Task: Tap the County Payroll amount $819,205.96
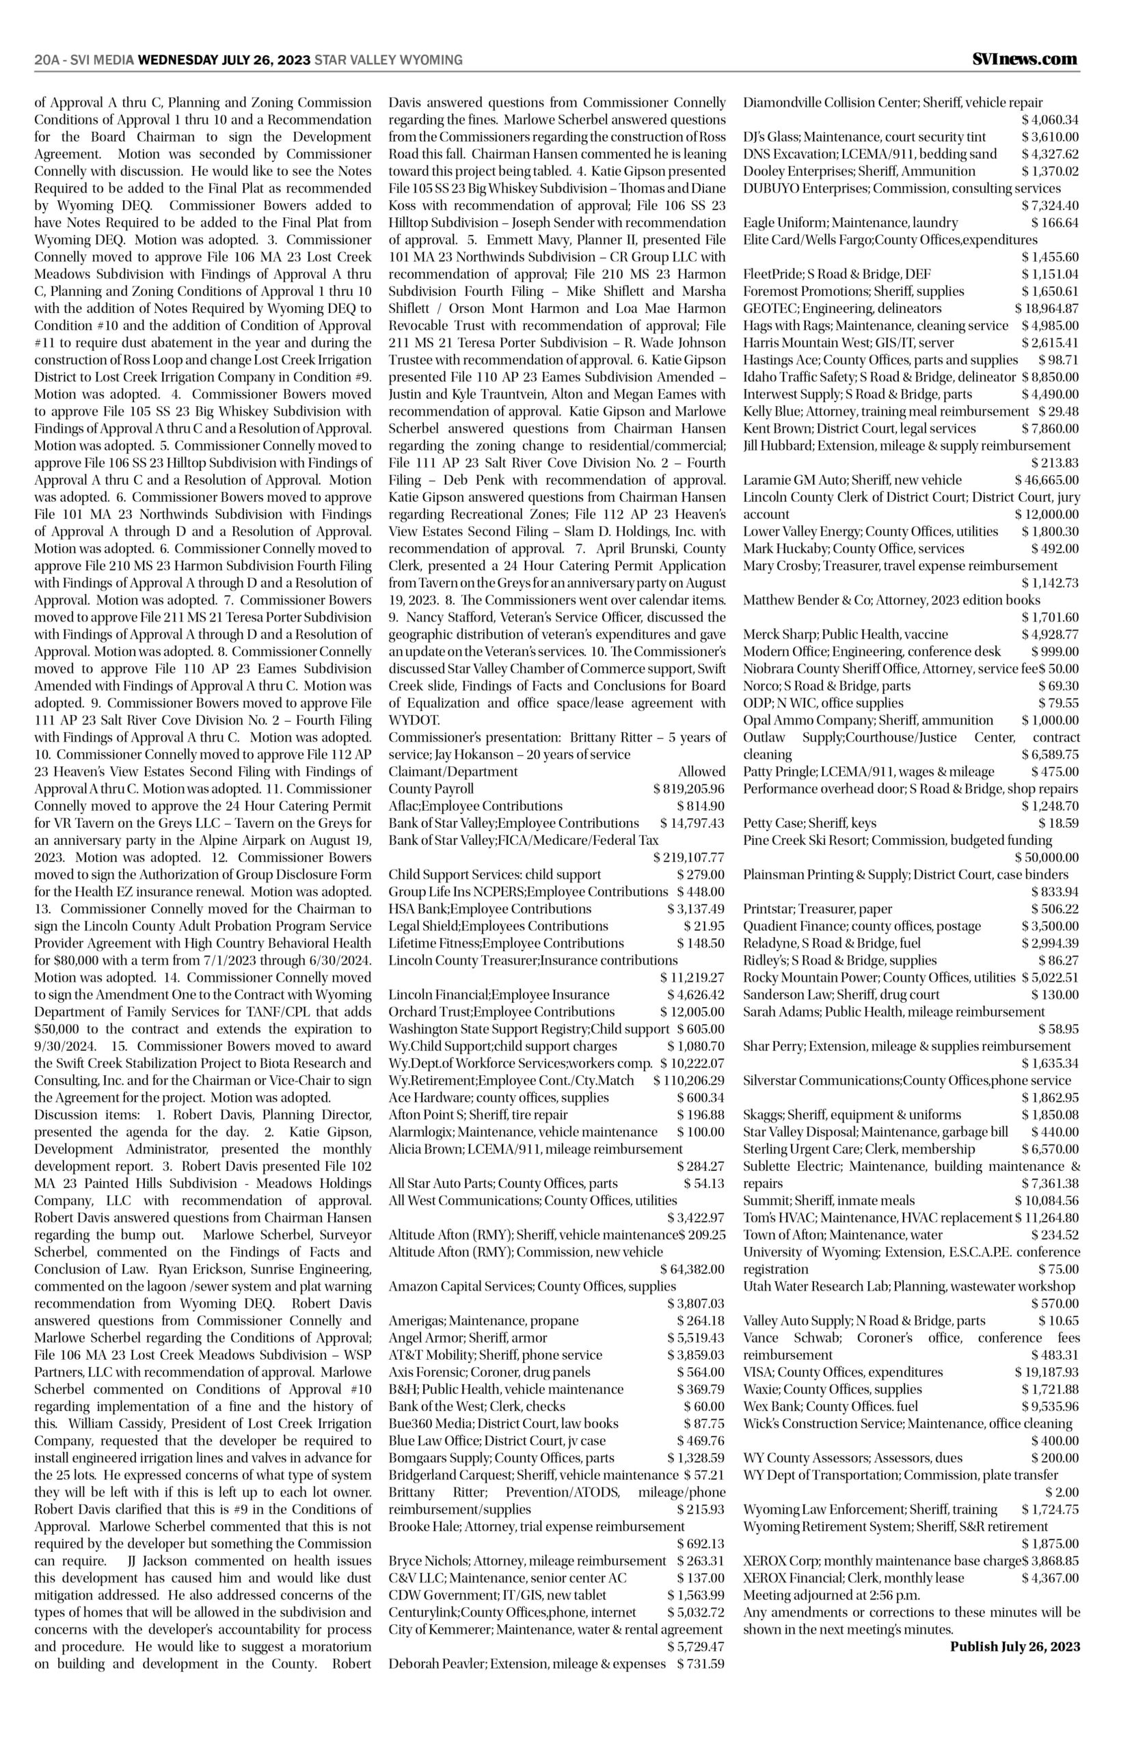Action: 689,790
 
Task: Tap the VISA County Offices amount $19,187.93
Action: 1047,1371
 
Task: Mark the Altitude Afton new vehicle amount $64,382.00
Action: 692,1269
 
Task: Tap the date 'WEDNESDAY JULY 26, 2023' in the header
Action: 224,60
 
